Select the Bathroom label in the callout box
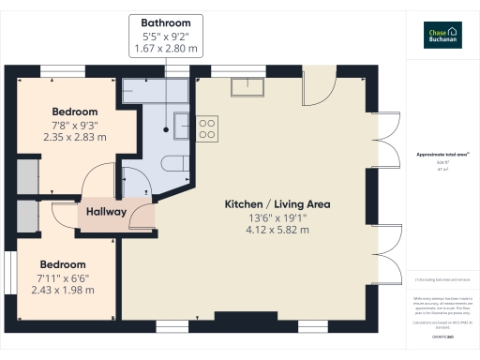166,22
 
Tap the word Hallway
106,212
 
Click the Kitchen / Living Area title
277,203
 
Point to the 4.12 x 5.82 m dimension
277,229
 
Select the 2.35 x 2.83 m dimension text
74,137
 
